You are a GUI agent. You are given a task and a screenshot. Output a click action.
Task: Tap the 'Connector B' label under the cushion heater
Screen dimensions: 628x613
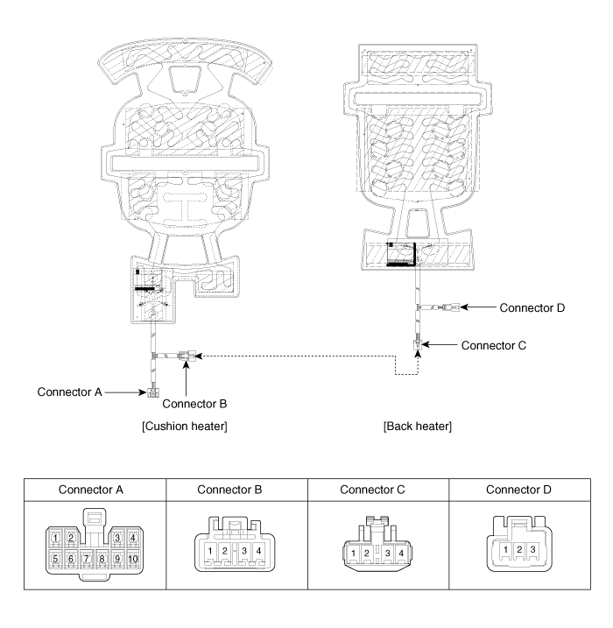(x=194, y=404)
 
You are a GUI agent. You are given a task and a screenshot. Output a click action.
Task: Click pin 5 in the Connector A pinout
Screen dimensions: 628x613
(x=55, y=558)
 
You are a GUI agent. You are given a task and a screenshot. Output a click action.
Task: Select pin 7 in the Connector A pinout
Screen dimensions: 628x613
(x=87, y=558)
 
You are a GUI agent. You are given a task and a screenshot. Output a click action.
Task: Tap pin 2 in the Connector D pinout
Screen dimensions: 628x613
(x=519, y=550)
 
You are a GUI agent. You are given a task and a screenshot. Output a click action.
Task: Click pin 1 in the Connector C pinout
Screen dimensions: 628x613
(x=352, y=553)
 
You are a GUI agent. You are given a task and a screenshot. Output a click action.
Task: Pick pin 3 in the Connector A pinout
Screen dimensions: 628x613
(x=116, y=537)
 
